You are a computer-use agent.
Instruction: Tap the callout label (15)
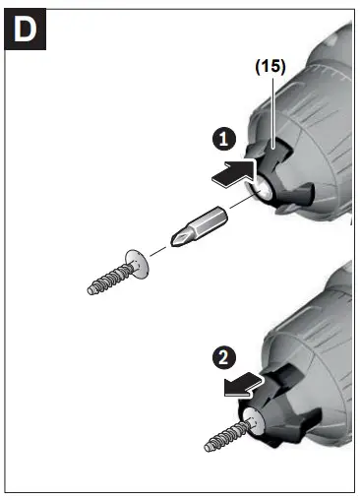[x=269, y=68]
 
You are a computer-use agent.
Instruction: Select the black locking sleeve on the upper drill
[x=285, y=182]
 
